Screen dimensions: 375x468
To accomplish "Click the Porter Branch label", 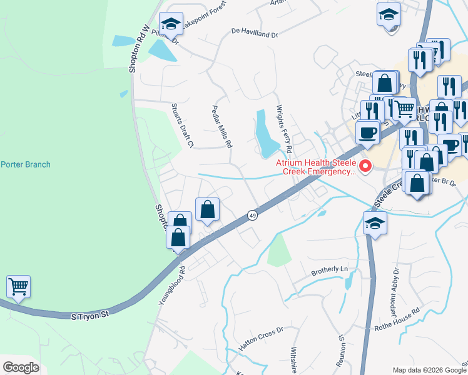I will point(26,165).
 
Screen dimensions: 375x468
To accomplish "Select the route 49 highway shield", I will point(250,214).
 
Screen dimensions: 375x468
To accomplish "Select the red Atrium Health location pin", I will point(365,166).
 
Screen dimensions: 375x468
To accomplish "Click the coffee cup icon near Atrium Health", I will point(368,132).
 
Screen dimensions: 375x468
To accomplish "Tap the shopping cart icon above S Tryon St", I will point(19,287).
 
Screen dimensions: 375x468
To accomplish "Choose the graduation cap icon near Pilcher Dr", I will point(171,24).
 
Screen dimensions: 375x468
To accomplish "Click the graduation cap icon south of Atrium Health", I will point(375,222).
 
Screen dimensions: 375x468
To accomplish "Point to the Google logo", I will point(21,367).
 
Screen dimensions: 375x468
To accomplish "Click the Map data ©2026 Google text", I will point(429,370).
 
